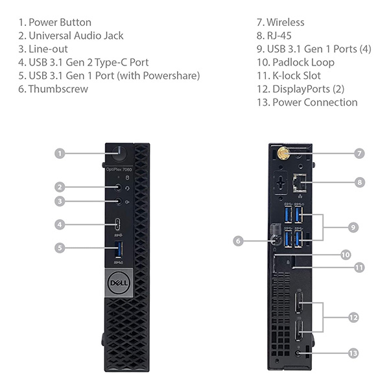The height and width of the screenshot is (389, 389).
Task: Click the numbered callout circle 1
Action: click(x=59, y=154)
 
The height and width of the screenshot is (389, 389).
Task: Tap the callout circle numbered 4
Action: click(x=59, y=226)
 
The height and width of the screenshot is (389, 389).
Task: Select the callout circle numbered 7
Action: click(x=359, y=154)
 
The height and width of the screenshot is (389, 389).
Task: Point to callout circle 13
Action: click(x=353, y=353)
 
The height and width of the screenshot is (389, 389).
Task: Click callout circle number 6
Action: click(x=238, y=241)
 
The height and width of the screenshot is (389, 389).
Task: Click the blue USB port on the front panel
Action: click(x=118, y=247)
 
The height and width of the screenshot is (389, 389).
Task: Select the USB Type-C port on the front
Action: click(x=118, y=226)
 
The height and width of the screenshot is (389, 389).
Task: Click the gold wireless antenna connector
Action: click(x=284, y=154)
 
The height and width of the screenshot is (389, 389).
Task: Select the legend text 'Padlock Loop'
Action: click(x=303, y=62)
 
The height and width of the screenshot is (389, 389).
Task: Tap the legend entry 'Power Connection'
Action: click(x=314, y=102)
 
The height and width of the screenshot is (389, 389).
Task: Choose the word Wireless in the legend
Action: click(x=285, y=22)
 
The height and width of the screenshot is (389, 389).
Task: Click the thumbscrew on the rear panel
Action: click(x=278, y=240)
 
